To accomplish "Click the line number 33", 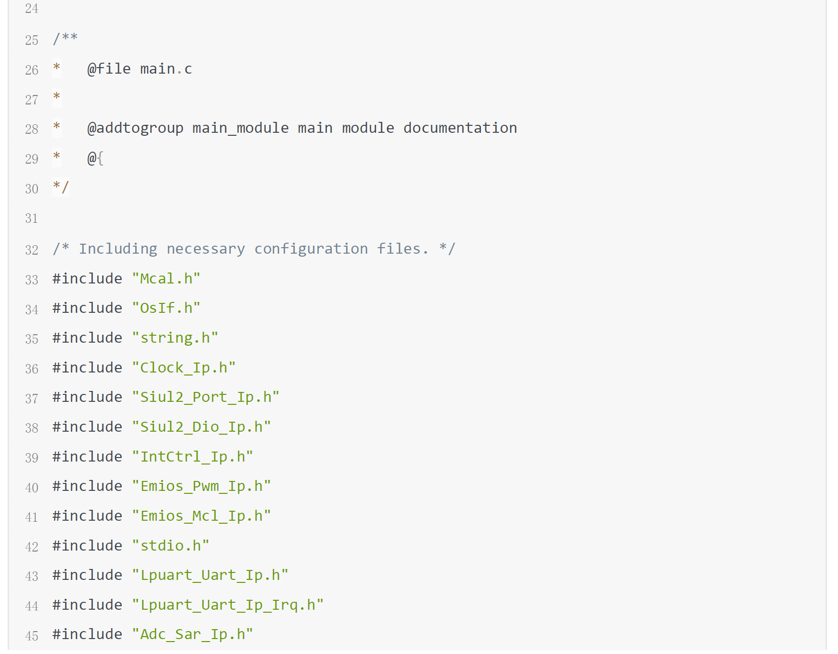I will (x=31, y=280).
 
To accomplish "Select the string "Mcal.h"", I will (x=166, y=279).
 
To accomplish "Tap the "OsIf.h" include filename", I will (x=166, y=308).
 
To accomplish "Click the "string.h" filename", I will (x=175, y=338).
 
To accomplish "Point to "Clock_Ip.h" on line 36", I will (x=184, y=368).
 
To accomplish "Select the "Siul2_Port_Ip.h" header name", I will (x=205, y=397).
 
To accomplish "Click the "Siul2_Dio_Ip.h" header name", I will (x=201, y=427).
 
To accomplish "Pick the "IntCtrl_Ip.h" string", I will (x=192, y=457).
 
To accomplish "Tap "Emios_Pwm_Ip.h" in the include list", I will (x=201, y=486).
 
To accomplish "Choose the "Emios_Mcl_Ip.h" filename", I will (x=201, y=516).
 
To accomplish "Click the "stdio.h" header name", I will (x=171, y=546).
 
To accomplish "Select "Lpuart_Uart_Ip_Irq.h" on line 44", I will (x=228, y=605).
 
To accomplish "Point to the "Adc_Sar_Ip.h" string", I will (x=192, y=635).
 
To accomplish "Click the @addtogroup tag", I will (x=135, y=128).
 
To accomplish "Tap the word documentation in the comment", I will (x=460, y=128).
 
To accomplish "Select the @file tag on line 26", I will (x=109, y=69).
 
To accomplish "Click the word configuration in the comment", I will (x=311, y=249).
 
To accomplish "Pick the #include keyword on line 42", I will (x=88, y=546).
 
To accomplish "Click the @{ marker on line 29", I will (x=95, y=159).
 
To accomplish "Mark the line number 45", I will (x=31, y=636).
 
